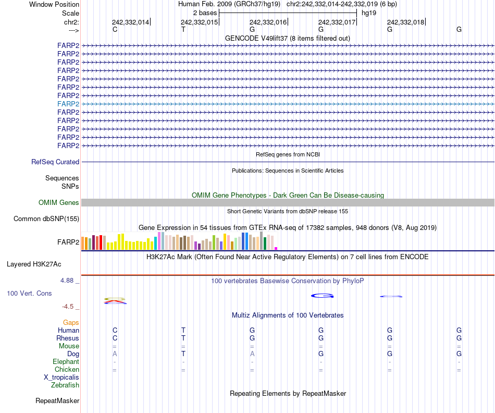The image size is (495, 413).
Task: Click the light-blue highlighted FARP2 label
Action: (x=68, y=104)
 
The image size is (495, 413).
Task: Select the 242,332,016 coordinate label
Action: (x=268, y=22)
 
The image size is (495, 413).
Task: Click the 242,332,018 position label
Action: (x=405, y=22)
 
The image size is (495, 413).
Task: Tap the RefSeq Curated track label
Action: (x=55, y=162)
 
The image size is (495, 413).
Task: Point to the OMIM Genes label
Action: (x=59, y=203)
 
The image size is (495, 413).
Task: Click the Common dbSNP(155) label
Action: (x=46, y=219)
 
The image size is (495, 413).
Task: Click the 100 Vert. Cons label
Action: (x=29, y=294)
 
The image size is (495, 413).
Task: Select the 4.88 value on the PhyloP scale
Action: (x=68, y=281)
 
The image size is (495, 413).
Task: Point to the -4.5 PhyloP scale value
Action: (x=68, y=307)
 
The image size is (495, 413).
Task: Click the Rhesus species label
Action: (x=68, y=338)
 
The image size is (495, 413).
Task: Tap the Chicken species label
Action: (x=67, y=370)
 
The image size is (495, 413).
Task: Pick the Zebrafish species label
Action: (x=65, y=385)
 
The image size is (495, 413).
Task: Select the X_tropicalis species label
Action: (x=61, y=378)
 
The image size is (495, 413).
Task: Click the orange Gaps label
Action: (x=71, y=323)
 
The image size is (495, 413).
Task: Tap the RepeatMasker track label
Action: (x=57, y=401)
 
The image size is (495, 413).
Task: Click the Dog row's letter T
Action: (x=183, y=354)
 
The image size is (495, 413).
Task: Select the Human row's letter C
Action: (x=115, y=331)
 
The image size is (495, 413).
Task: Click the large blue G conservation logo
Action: (x=322, y=296)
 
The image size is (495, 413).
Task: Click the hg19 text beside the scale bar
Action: (x=368, y=12)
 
